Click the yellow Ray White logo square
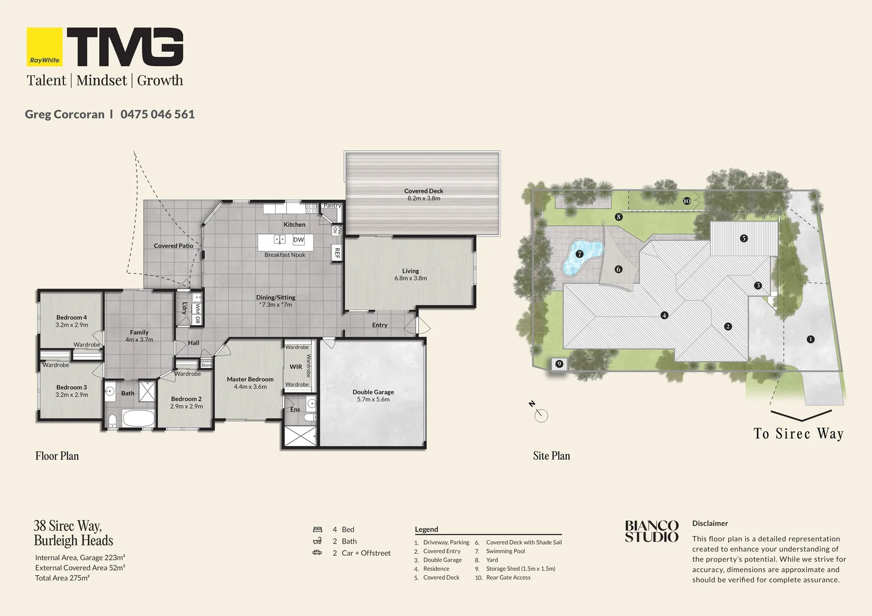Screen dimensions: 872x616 (45, 47)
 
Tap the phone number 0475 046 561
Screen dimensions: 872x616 (158, 114)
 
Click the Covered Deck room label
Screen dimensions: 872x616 (423, 191)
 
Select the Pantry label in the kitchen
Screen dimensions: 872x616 (332, 205)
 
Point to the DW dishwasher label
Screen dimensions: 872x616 (298, 240)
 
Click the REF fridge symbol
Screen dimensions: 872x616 (337, 253)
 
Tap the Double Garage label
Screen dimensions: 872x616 (373, 392)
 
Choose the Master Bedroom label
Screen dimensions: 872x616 (250, 379)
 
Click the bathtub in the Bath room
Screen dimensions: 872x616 (139, 418)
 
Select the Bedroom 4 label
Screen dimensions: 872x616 (72, 318)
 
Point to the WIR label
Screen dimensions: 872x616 (296, 367)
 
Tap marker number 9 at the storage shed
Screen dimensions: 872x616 (559, 364)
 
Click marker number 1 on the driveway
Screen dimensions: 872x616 (810, 339)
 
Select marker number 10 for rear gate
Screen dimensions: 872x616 (687, 201)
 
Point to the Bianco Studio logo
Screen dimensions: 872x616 (652, 531)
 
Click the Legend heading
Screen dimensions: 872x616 (426, 529)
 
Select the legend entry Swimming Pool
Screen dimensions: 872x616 (505, 551)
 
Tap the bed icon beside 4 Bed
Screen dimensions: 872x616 (318, 530)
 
